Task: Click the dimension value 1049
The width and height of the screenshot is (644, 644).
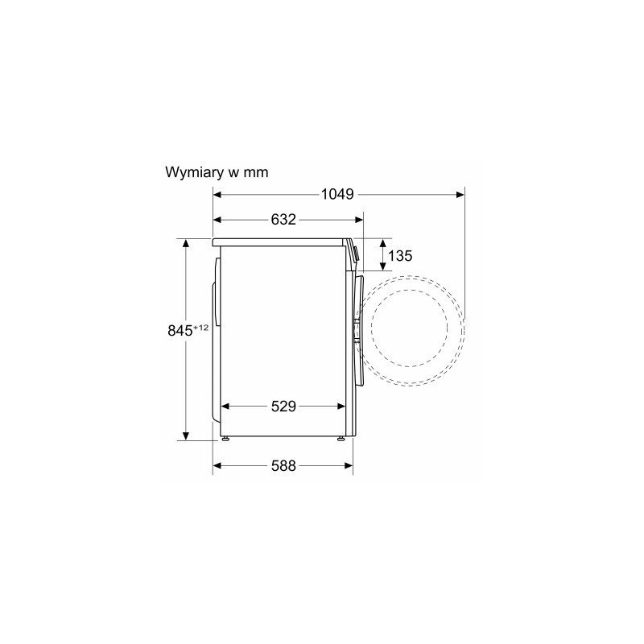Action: click(x=337, y=194)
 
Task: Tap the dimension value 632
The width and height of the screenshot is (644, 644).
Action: click(x=283, y=219)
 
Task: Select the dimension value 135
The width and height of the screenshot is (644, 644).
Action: click(x=399, y=255)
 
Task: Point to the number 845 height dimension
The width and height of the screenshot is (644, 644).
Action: click(x=180, y=331)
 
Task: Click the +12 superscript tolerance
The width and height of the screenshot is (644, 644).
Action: click(x=200, y=328)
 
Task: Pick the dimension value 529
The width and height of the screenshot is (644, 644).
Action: click(x=283, y=407)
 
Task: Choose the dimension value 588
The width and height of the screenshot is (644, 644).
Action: click(x=283, y=466)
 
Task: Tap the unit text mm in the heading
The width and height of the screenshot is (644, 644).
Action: click(x=256, y=172)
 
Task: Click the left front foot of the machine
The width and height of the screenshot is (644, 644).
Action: click(x=225, y=438)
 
